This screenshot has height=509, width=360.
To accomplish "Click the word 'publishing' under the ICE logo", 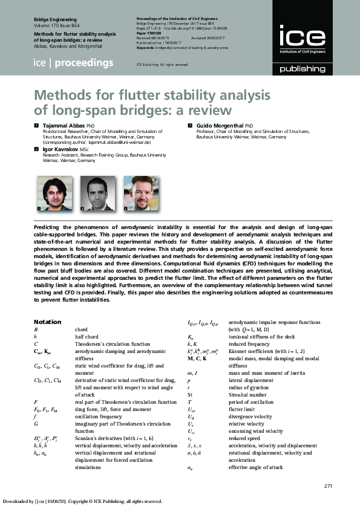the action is point(302,70).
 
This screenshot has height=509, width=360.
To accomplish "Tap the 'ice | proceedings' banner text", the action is point(73,63).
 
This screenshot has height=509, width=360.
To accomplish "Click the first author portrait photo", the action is point(51,193).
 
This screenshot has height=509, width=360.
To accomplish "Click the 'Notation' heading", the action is point(47,322).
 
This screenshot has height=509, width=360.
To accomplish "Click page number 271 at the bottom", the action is point(329,486).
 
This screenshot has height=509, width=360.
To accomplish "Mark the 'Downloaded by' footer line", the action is point(82,501).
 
